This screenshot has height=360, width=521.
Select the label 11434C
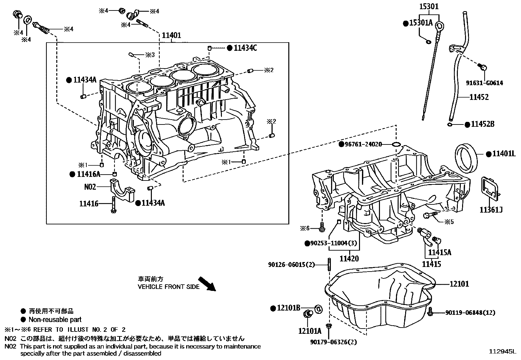245,48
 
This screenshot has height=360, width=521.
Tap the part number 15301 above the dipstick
429,6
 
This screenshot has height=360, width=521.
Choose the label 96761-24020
363,144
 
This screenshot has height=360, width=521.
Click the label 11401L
503,154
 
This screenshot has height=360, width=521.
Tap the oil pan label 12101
459,284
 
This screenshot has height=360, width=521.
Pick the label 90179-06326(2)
333,342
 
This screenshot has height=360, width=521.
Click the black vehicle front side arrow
207,284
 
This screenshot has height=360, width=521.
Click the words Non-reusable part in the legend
55,319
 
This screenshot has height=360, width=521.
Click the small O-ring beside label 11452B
450,124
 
